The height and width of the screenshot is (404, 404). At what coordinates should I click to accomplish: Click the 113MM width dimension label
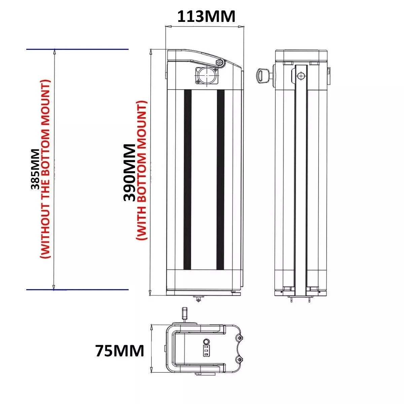[x=206, y=17]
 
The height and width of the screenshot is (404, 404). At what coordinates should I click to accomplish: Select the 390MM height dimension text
[x=129, y=173]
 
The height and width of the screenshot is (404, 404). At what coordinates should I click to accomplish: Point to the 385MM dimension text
[x=35, y=169]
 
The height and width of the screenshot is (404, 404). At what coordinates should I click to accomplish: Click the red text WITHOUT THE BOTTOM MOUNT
[x=45, y=169]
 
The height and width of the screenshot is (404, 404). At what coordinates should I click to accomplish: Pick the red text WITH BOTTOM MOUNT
[x=142, y=170]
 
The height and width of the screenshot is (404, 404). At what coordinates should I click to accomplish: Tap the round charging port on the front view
[x=207, y=75]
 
